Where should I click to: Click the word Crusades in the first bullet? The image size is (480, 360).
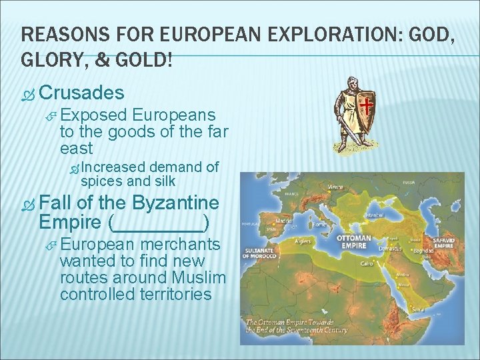pyautogui.click(x=86, y=92)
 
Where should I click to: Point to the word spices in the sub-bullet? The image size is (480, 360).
pyautogui.click(x=102, y=181)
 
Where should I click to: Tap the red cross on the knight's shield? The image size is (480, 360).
pyautogui.click(x=367, y=105)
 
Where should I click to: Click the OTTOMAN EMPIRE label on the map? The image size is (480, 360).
pyautogui.click(x=353, y=241)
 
